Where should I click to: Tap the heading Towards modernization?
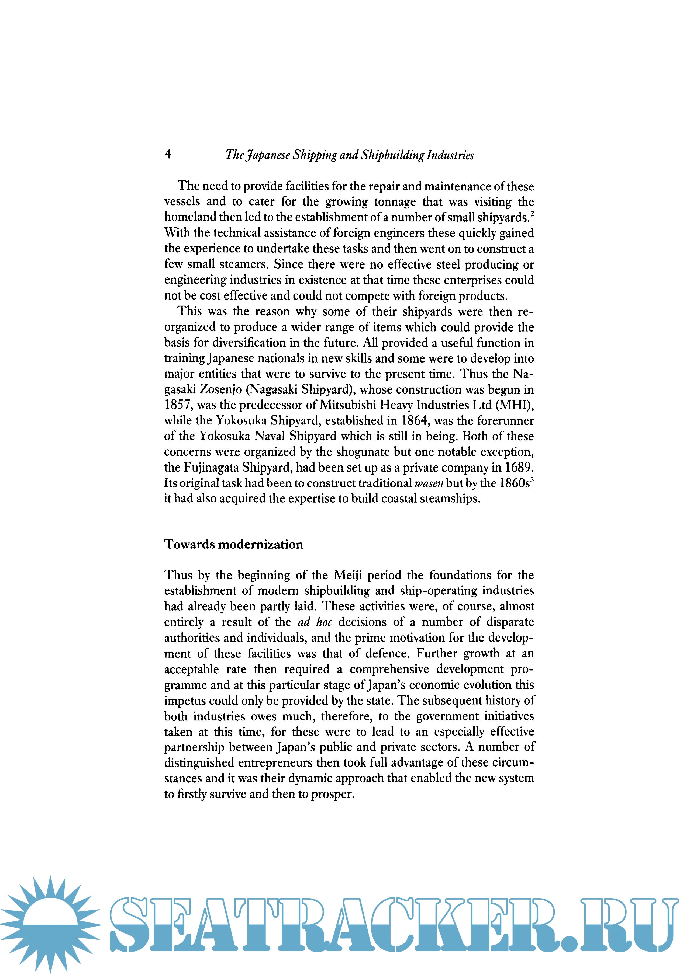[234, 544]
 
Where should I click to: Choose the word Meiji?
[347, 575]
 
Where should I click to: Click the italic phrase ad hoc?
[315, 622]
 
